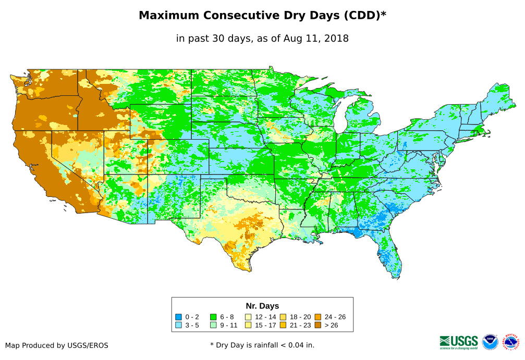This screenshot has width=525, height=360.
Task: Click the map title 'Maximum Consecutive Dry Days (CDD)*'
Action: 262,16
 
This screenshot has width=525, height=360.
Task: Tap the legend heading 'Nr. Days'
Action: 262,306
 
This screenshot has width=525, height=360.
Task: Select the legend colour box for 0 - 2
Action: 178,317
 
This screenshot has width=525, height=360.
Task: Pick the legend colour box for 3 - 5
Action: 178,325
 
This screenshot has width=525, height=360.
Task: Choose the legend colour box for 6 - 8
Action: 213,317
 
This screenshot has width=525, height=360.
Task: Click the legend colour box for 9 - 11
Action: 213,325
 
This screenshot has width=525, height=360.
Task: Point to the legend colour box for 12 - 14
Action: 248,317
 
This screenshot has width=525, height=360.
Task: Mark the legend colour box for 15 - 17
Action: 248,325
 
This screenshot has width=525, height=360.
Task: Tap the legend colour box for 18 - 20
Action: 283,317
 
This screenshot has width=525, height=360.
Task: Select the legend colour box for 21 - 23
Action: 283,325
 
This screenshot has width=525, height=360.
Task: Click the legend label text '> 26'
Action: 332,325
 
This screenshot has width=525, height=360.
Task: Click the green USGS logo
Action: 459,341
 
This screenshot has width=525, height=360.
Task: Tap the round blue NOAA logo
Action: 490,342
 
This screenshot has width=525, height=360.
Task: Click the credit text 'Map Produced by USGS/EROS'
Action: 57,345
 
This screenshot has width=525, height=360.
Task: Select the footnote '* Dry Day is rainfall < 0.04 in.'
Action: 262,345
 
